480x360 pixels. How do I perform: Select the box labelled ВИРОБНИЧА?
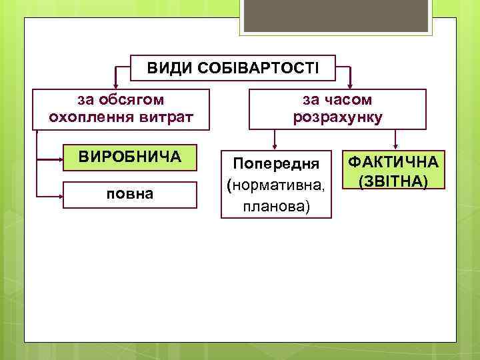coord(130,157)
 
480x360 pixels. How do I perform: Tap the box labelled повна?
coord(130,195)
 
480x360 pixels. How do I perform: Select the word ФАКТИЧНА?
coord(393,162)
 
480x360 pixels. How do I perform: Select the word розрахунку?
coord(337,118)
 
